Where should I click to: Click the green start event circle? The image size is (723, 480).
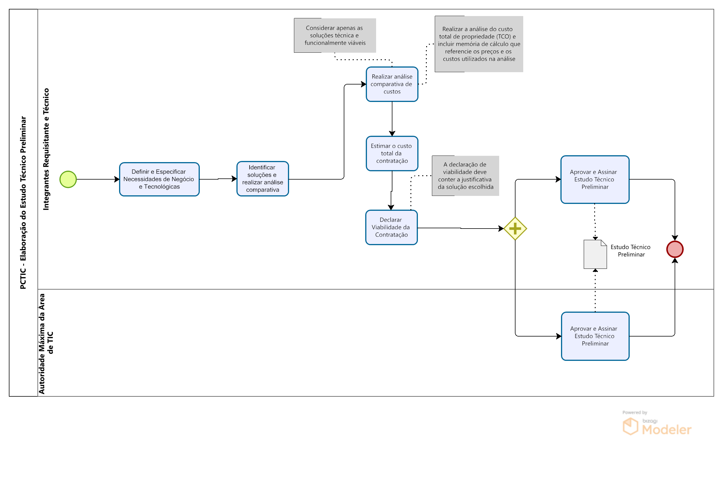[x=68, y=179]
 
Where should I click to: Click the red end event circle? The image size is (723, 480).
[x=675, y=249]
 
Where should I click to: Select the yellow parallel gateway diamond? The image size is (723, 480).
[x=515, y=229]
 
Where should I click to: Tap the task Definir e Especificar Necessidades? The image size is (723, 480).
[x=159, y=179]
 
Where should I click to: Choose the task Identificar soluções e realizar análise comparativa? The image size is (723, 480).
[x=262, y=179]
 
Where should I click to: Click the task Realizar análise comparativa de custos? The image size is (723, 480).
[x=392, y=84]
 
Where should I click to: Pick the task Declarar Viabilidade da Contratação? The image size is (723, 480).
[x=391, y=227]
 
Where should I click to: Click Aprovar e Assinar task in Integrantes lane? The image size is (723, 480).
[x=595, y=179]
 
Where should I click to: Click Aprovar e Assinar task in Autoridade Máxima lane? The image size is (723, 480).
[x=595, y=336]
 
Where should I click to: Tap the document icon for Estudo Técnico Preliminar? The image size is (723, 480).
[x=595, y=254]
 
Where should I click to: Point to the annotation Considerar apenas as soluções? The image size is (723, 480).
[x=335, y=36]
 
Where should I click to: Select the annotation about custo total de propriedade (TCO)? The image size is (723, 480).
[x=479, y=44]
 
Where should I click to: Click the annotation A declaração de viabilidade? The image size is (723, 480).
[x=465, y=176]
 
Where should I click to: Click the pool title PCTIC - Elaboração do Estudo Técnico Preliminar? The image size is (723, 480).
[x=23, y=203]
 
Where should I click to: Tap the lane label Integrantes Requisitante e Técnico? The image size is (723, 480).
[x=46, y=149]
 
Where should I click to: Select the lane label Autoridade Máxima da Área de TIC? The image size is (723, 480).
[x=46, y=343]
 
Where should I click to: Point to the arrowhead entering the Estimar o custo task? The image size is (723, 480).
[x=392, y=134]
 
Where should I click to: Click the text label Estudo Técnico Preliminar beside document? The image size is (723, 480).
[x=631, y=251]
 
